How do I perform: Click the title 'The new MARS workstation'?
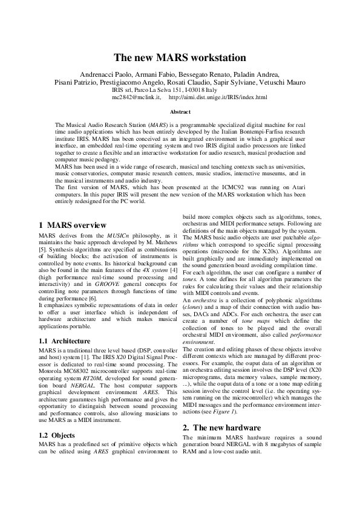(x=180, y=58)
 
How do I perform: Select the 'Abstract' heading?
(x=180, y=112)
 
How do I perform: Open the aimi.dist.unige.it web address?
(x=217, y=97)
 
